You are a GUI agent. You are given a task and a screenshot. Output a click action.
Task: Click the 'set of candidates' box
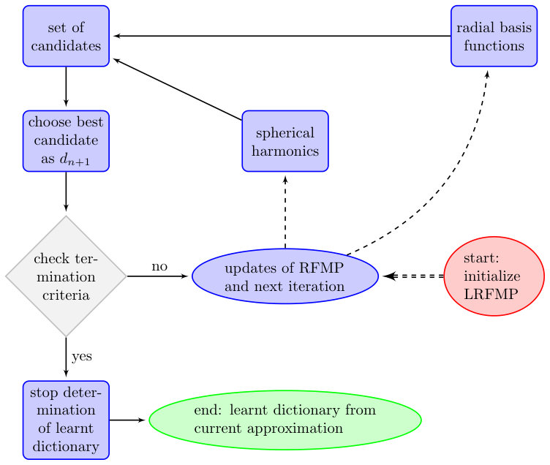(66, 36)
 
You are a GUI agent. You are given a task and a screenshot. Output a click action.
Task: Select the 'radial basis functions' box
(494, 36)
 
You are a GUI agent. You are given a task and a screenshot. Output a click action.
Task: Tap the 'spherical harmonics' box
(285, 141)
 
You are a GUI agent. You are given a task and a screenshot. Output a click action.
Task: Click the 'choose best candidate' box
(66, 141)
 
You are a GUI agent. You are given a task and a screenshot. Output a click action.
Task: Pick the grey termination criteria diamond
(66, 276)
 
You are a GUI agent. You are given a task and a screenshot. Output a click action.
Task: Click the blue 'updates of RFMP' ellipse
(285, 276)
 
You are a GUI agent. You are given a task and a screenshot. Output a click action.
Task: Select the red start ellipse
(494, 276)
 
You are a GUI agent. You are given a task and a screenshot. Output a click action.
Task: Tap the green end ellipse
(285, 420)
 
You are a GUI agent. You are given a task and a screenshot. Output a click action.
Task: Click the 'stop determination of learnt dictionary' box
(66, 420)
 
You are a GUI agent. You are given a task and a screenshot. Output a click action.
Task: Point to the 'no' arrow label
(159, 267)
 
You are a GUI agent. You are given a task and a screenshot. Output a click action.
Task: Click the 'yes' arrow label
(82, 357)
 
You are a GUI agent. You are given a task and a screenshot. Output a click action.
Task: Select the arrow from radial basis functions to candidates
(282, 36)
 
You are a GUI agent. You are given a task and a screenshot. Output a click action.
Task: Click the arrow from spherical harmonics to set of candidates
(178, 89)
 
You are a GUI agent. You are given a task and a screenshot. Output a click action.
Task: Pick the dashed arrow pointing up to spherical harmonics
(285, 212)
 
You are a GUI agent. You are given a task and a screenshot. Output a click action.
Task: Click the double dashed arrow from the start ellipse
(413, 276)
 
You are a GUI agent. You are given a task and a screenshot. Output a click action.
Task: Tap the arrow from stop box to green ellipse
(127, 420)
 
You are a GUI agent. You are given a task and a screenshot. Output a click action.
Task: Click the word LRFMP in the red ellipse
(491, 294)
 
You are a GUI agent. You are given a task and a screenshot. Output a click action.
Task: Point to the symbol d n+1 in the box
(75, 159)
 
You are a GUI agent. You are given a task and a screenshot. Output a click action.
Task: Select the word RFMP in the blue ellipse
(321, 268)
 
